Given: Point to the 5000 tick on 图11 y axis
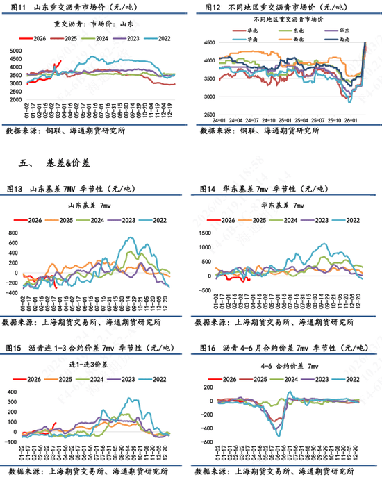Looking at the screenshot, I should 14,52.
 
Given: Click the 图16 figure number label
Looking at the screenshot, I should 208,348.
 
